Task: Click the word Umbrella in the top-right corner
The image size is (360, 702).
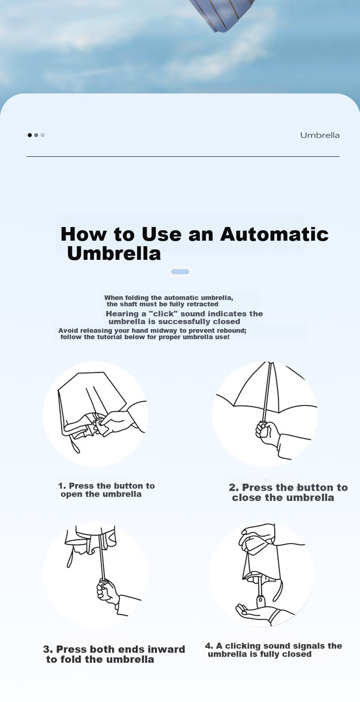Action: [319, 135]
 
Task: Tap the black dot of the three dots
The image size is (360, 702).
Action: [30, 135]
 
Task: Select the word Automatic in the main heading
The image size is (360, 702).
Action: [274, 234]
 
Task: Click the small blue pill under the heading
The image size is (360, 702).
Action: [180, 272]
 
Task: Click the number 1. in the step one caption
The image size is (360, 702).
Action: [62, 486]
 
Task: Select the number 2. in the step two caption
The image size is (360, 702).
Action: [234, 488]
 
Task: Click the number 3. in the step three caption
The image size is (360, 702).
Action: [48, 649]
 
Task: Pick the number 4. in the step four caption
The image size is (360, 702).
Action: [209, 646]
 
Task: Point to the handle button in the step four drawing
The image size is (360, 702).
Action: [260, 600]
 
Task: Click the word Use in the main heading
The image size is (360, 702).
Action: [162, 234]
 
